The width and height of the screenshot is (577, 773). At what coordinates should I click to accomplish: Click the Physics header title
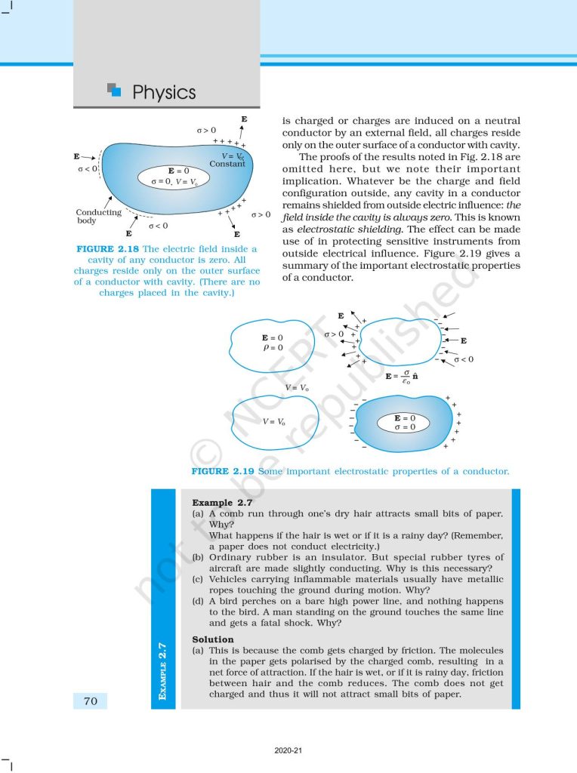pyautogui.click(x=163, y=93)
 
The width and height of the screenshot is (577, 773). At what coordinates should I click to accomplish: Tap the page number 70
pyautogui.click(x=90, y=701)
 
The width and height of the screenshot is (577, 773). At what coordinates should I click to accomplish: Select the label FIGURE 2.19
pyautogui.click(x=223, y=471)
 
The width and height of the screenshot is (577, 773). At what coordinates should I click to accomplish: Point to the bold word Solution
pyautogui.click(x=213, y=639)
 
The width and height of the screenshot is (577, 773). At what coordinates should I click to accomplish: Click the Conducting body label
pyautogui.click(x=98, y=217)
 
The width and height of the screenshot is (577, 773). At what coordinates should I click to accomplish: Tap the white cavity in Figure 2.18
pyautogui.click(x=173, y=177)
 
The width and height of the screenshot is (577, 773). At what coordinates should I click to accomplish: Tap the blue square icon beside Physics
pyautogui.click(x=115, y=91)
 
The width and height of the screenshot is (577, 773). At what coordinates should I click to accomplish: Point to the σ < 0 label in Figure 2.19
pyautogui.click(x=463, y=359)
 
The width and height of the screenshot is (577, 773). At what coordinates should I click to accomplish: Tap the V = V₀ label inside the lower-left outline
pyautogui.click(x=273, y=421)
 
